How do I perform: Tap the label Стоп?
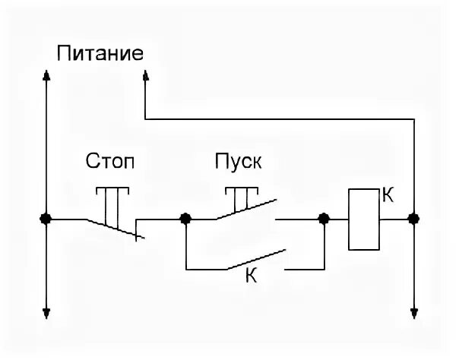tap(112, 162)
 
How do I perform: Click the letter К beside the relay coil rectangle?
tap(388, 195)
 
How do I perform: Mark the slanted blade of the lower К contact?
tap(255, 259)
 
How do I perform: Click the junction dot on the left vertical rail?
tap(46, 219)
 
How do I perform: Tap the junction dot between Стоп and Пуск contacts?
tap(185, 219)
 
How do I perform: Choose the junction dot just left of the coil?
tap(324, 219)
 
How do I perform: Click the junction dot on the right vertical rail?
tap(414, 219)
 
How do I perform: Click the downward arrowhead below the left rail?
tap(46, 312)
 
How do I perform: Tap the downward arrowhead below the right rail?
tap(414, 312)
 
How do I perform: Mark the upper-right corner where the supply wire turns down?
tap(414, 118)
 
